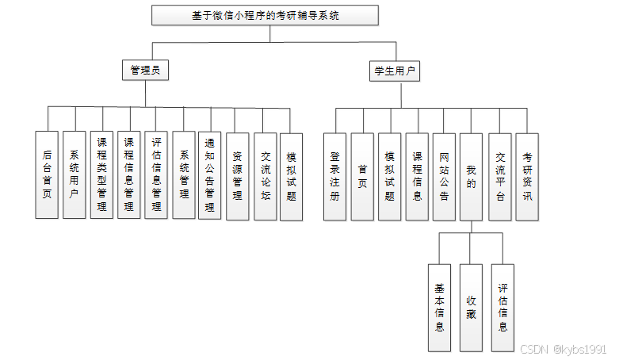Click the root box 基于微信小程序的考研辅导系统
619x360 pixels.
click(x=265, y=15)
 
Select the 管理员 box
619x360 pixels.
click(x=145, y=70)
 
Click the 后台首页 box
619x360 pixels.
click(x=48, y=174)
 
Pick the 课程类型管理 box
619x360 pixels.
click(x=101, y=174)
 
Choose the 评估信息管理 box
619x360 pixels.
click(x=156, y=174)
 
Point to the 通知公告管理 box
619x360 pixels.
click(x=210, y=174)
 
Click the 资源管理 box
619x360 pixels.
click(x=237, y=174)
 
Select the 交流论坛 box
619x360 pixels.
click(x=265, y=174)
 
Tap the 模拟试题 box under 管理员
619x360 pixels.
click(x=292, y=174)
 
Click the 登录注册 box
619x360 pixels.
click(x=335, y=176)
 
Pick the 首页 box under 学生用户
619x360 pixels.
click(x=362, y=176)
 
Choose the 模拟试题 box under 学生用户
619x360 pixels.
click(x=389, y=176)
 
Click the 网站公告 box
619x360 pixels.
click(x=444, y=176)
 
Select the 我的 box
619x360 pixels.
click(x=472, y=176)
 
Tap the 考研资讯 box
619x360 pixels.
click(x=527, y=176)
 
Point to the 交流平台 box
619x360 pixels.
click(x=499, y=176)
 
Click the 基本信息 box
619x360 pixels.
click(x=439, y=308)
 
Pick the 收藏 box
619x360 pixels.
click(x=471, y=308)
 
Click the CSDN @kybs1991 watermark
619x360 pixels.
click(x=563, y=349)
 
